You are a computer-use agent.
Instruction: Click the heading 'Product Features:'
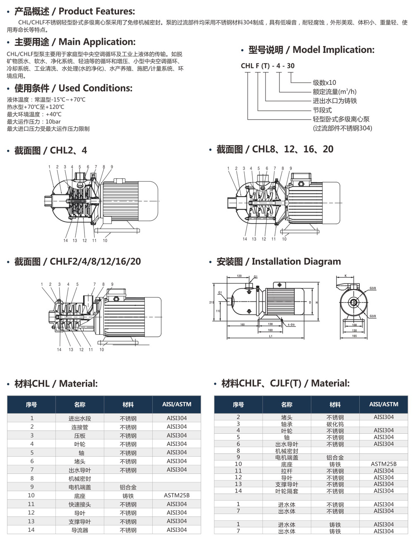point(97,11)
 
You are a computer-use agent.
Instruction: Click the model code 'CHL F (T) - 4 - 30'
point(268,66)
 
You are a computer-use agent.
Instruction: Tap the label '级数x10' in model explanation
point(324,82)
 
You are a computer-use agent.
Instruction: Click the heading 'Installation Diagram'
point(296,262)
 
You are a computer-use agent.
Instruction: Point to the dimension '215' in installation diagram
point(212,303)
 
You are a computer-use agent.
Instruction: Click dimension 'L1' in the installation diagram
point(270,336)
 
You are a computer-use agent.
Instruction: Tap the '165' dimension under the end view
point(354,336)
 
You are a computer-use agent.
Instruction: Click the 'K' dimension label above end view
point(346,276)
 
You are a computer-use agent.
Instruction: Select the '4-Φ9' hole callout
point(290,325)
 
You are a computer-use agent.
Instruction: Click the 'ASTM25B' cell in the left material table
point(177,495)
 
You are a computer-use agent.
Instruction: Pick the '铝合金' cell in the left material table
point(128,487)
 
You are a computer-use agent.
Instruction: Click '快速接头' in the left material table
point(80,504)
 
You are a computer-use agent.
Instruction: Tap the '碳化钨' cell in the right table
point(335,424)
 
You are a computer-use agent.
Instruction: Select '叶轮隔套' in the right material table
point(286,491)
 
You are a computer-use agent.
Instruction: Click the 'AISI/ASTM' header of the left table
point(177,404)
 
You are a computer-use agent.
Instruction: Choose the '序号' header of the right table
point(238,404)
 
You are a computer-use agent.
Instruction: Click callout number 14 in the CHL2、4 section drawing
point(65,240)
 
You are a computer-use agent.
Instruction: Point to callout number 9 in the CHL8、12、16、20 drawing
point(291,168)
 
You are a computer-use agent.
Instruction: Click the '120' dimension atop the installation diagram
point(239,276)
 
